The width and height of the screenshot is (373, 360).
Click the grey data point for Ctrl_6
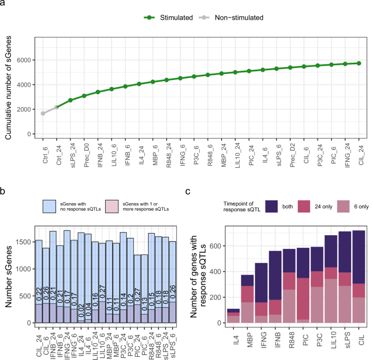[43, 113]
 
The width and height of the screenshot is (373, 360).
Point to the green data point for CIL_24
[359, 63]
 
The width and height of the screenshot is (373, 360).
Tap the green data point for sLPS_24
[71, 100]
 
